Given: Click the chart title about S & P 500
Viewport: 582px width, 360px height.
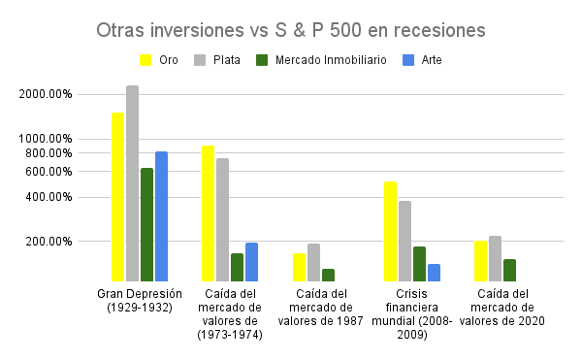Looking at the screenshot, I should pos(290,30).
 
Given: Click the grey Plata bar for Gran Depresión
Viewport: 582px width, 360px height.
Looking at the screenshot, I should pos(132,183).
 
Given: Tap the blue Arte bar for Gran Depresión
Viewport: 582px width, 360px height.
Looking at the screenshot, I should pos(161,216).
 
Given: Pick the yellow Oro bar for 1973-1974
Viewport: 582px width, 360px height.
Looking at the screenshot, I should pos(208,213).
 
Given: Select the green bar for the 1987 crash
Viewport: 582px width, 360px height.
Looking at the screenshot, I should pos(328,275).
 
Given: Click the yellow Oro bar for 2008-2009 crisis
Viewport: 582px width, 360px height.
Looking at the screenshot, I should pos(390,231).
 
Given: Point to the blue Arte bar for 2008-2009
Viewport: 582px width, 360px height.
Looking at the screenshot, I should pos(434,272).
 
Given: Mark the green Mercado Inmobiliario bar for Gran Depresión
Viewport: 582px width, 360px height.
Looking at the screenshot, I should pos(146,224).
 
